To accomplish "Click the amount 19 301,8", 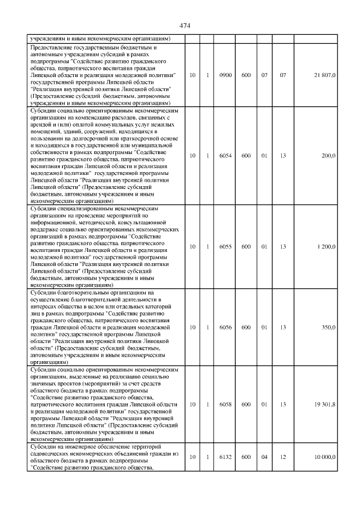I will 325,404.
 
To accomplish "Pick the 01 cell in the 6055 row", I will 264,246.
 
